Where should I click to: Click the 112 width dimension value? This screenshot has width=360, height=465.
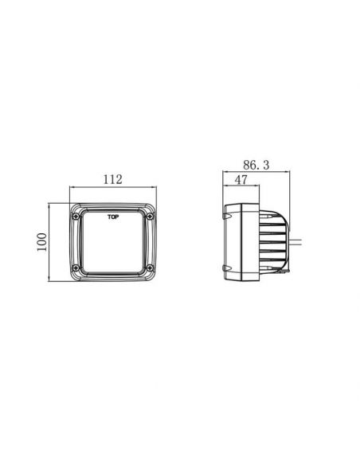point(112,179)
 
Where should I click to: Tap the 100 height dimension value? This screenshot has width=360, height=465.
point(41,242)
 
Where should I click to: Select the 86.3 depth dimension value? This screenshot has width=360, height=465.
point(256,165)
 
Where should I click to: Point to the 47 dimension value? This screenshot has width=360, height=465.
point(241,180)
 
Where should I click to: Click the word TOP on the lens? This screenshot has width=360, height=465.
point(113,217)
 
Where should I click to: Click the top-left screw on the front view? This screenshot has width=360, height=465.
point(76,217)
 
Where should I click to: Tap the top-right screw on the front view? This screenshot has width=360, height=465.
point(150,217)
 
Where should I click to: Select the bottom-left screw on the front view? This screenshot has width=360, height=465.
point(76,268)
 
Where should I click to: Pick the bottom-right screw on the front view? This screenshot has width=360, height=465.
point(150,268)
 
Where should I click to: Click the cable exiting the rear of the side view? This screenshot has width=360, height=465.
point(295,242)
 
